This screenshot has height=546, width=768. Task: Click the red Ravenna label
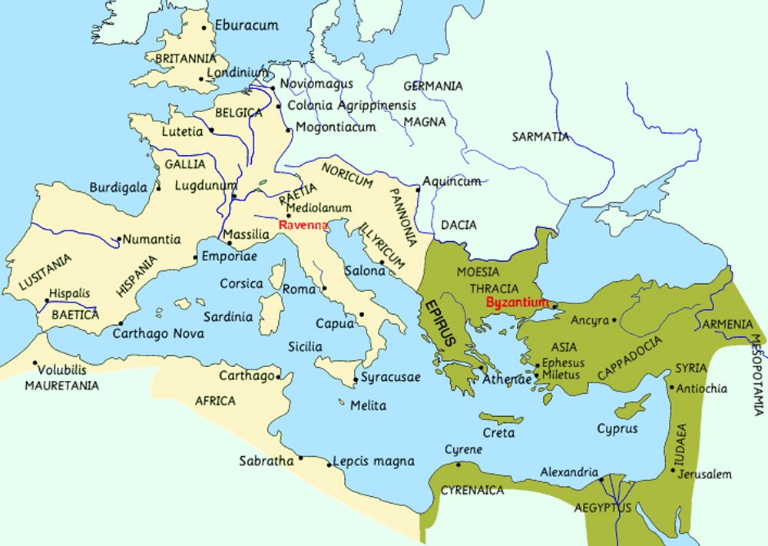coord(303,226)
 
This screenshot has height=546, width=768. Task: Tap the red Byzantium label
coord(518,302)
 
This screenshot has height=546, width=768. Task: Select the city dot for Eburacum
coord(204,28)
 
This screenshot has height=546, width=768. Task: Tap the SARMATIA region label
coord(541,137)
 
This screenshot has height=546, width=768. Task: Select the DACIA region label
coord(458,225)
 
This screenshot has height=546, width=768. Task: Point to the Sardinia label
coord(228,316)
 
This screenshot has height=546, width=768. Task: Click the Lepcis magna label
coord(373,462)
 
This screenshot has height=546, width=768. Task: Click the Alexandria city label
coord(569,472)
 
